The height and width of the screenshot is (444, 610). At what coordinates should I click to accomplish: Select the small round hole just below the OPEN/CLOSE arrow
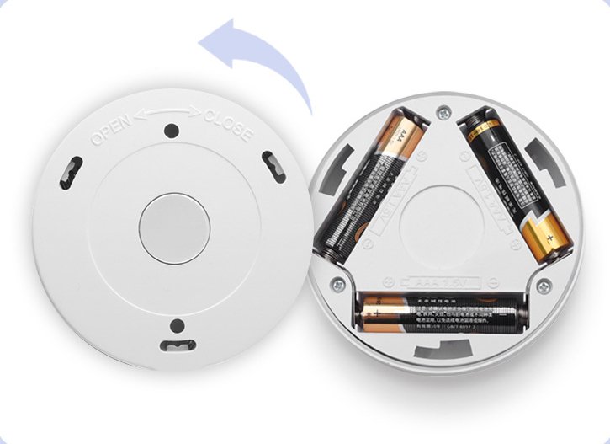(172, 131)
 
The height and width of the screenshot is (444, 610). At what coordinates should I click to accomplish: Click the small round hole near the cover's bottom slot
(178, 326)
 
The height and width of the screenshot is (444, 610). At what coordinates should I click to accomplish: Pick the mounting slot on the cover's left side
(70, 172)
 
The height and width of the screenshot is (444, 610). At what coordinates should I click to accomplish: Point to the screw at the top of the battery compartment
(443, 110)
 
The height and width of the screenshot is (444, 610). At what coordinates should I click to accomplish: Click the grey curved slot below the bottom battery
(443, 349)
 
